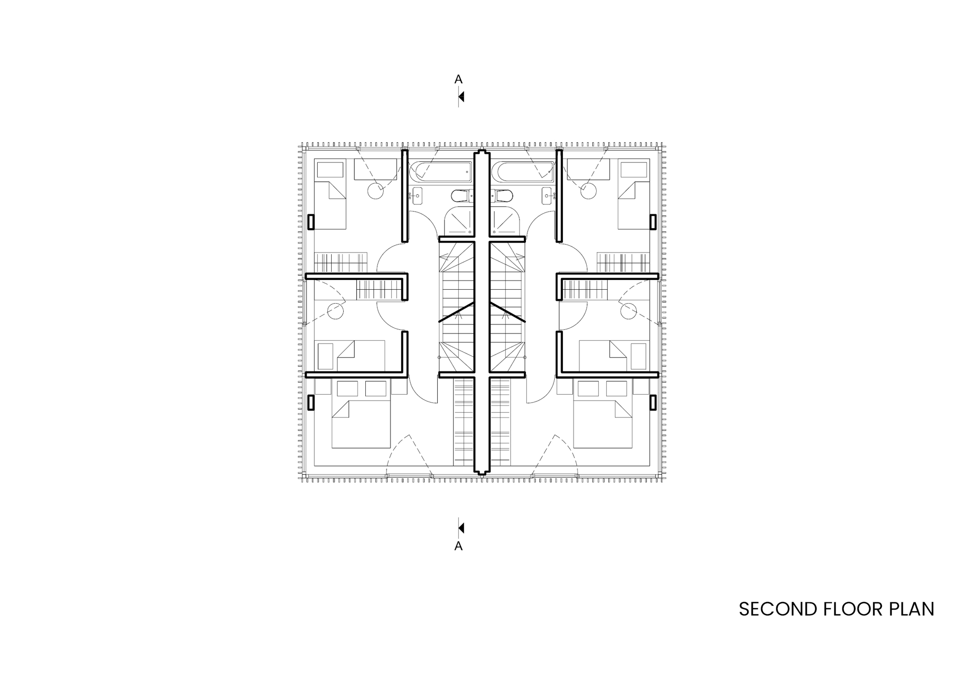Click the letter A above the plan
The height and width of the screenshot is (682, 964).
(x=458, y=79)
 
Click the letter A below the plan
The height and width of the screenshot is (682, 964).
(x=458, y=546)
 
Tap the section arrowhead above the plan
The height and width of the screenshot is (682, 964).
(x=461, y=97)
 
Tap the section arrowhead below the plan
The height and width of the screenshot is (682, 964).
(x=461, y=528)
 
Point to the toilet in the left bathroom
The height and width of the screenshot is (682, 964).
(x=460, y=196)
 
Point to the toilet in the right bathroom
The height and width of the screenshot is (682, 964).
(x=503, y=196)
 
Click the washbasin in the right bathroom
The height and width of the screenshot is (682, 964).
(x=548, y=195)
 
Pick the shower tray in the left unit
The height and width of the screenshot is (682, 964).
(x=458, y=222)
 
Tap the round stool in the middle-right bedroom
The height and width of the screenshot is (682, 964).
(x=628, y=311)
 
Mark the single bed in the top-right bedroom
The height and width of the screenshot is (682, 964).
(x=633, y=205)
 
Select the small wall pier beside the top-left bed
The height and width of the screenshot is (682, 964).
(x=311, y=222)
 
